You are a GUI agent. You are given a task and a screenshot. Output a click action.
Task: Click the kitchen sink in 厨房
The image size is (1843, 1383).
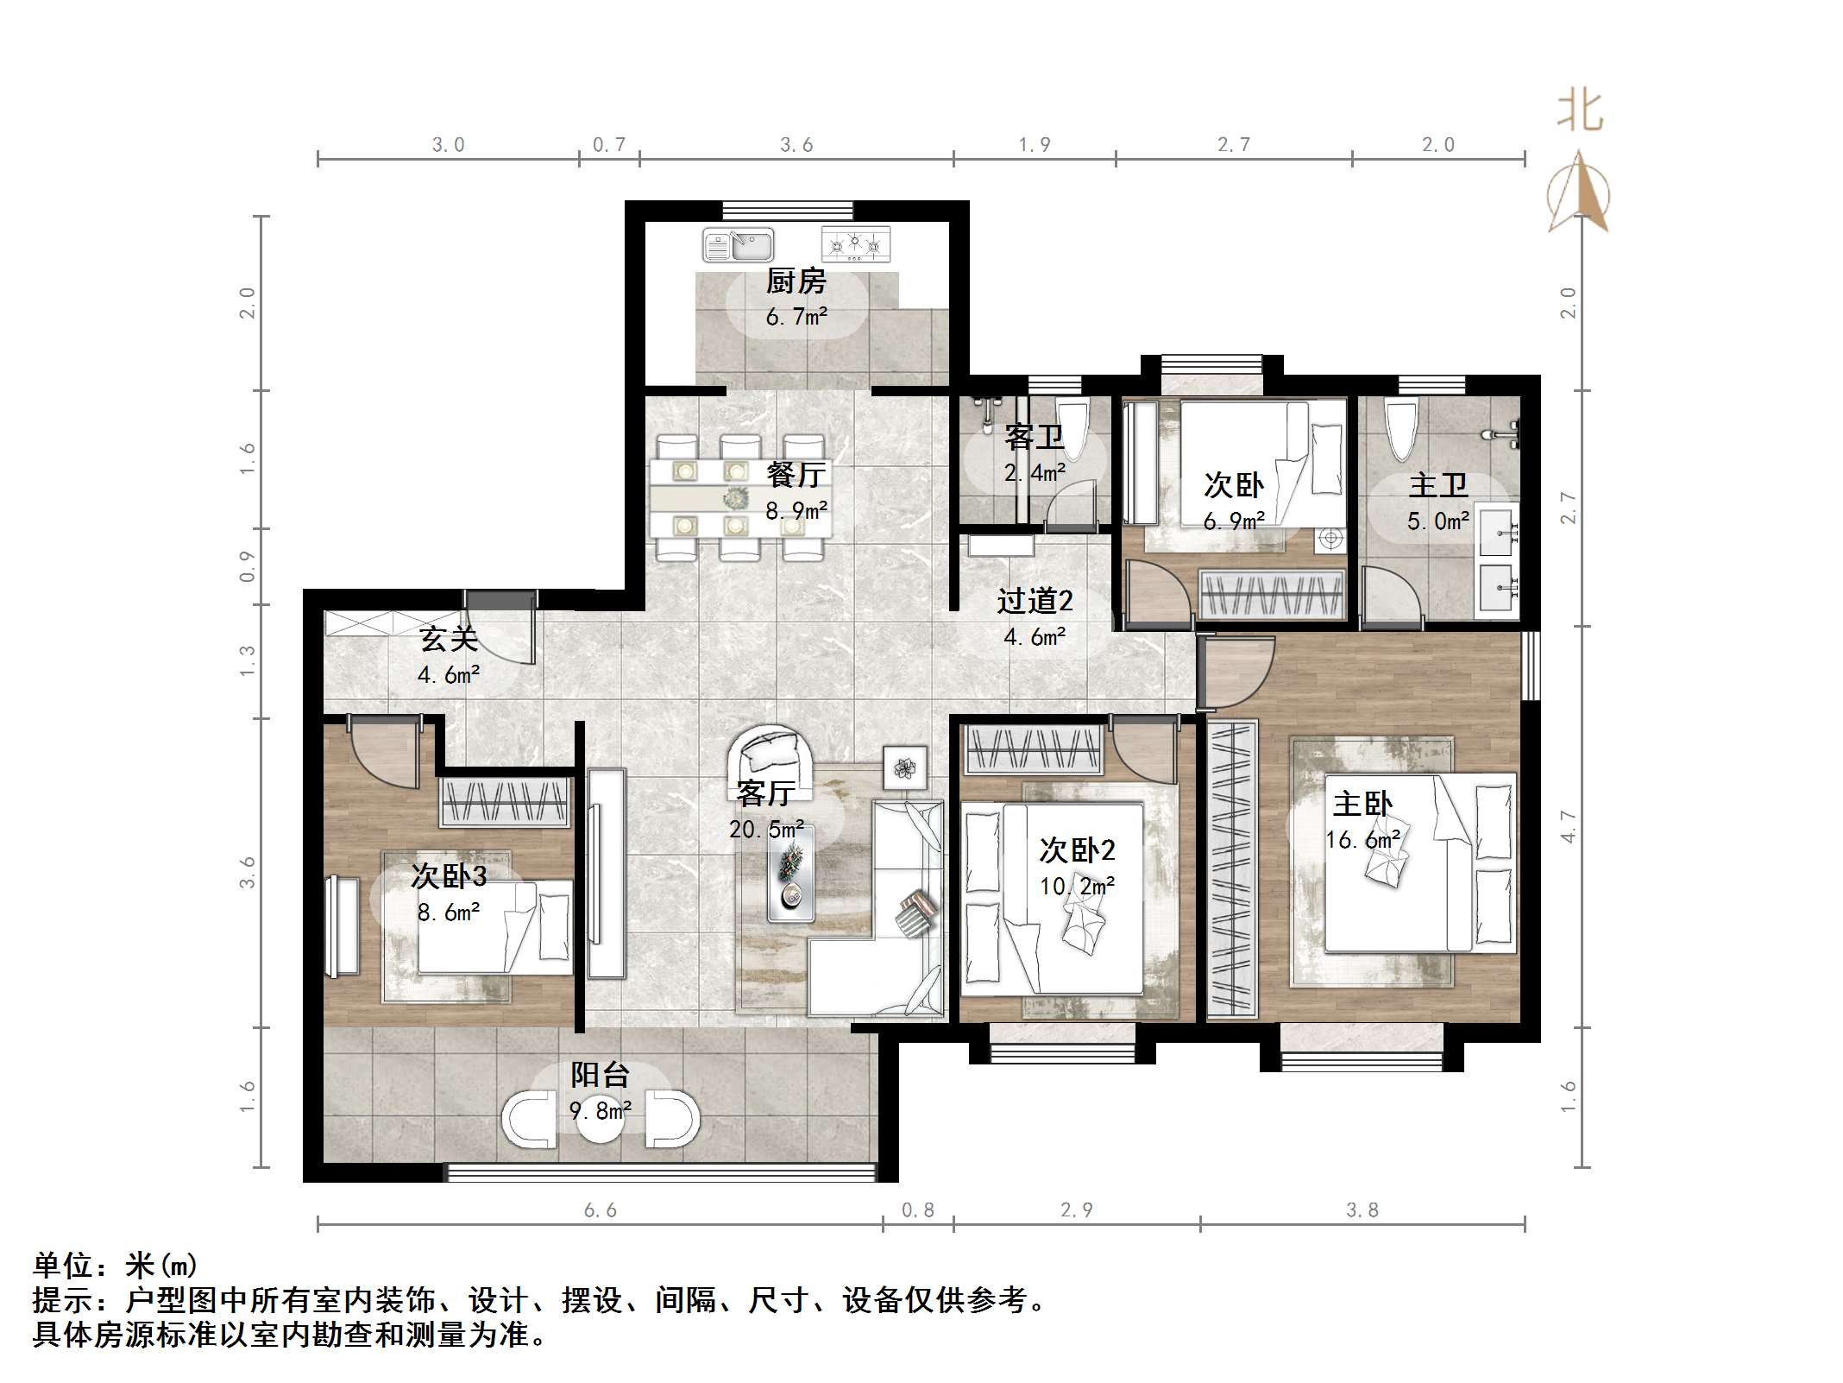tap(739, 245)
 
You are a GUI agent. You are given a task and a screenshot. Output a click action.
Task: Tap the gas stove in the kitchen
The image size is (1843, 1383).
tap(855, 245)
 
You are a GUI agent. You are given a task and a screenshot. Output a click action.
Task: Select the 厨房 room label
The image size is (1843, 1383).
tap(796, 281)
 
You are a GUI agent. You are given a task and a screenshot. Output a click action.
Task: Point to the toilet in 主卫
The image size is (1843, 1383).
tap(1401, 429)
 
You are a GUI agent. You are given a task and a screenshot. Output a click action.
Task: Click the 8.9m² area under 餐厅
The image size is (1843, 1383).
tap(796, 510)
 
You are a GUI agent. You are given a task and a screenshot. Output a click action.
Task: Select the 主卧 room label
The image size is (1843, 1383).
tap(1362, 804)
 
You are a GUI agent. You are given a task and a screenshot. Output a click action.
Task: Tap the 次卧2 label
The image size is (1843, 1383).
tap(1076, 850)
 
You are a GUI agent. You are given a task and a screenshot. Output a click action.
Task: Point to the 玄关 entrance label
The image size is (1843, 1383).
tap(448, 640)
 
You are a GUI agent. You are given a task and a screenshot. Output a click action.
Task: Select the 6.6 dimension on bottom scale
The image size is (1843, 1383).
tap(600, 1210)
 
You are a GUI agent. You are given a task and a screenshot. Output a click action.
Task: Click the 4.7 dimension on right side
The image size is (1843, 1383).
tap(1568, 827)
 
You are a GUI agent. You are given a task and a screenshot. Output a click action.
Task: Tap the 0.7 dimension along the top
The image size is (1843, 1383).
tap(608, 145)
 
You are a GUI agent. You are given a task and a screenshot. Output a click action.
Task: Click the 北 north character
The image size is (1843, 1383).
tap(1579, 113)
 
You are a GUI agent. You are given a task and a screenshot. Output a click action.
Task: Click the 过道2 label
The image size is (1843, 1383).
tap(1034, 601)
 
